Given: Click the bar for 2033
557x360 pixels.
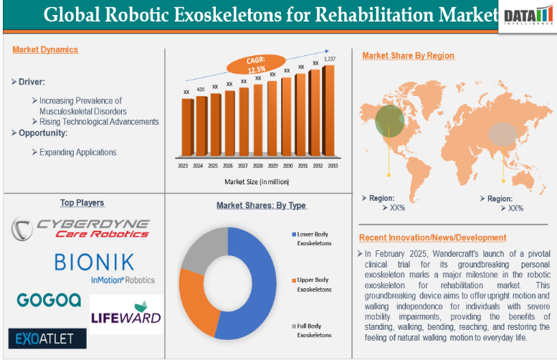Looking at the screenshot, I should (x=329, y=110).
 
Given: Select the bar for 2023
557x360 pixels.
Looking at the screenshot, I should (x=187, y=127).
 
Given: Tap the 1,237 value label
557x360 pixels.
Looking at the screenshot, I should (x=329, y=59).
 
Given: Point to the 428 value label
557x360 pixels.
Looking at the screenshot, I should (x=201, y=89).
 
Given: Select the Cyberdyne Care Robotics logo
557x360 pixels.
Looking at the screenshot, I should (x=81, y=228).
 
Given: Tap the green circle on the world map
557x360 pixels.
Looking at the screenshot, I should (x=389, y=120).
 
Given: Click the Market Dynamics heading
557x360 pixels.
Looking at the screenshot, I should (x=45, y=49).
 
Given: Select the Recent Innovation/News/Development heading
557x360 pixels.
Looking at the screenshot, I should (x=432, y=237).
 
